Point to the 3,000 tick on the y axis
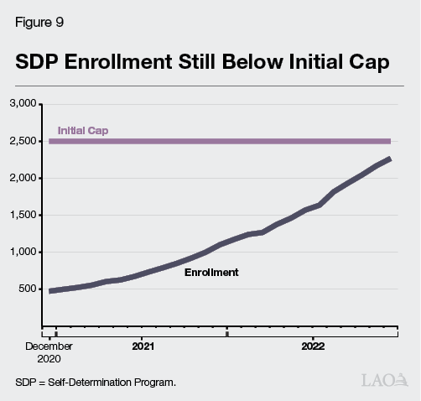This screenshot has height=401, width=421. coord(23,104)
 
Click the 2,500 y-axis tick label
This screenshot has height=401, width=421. coord(23,141)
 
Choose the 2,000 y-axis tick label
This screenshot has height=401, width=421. coord(23,178)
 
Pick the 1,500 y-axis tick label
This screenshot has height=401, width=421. coord(23,215)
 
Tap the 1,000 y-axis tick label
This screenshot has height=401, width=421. coord(23,252)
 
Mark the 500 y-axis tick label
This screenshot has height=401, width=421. coord(28,289)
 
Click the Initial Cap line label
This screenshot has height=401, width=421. coord(82,131)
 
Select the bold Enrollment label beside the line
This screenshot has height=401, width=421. coord(211,273)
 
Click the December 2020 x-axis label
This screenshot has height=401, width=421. coord(49,351)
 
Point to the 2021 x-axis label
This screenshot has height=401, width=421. coord(143,345)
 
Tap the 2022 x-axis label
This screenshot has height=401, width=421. coord(313,345)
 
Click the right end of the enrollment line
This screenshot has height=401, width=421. coord(389,159)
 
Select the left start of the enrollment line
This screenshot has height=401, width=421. coord(51,291)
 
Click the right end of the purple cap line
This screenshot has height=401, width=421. coord(389,141)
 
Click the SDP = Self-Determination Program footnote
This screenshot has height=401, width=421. coord(96,383)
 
